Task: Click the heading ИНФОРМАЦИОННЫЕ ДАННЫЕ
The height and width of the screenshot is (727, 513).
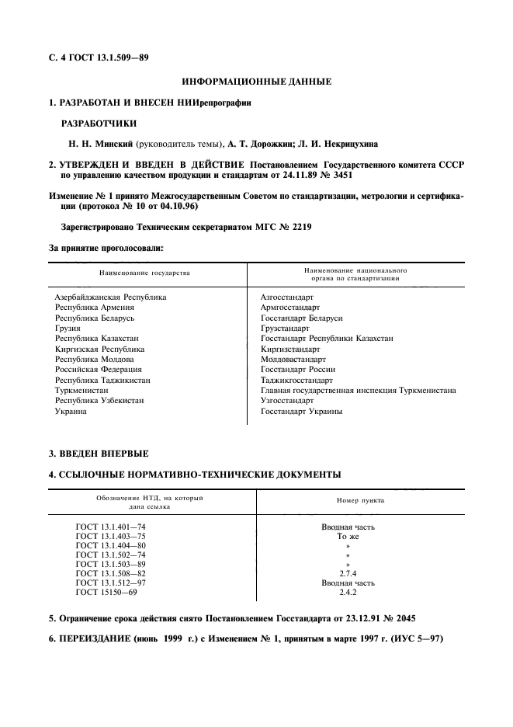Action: click(x=256, y=81)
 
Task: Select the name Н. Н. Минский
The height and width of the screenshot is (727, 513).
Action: click(x=101, y=144)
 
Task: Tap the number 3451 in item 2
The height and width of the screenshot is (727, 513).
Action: click(x=337, y=176)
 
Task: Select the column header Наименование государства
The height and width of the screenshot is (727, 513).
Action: click(x=144, y=273)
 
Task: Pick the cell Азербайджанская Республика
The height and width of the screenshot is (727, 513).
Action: click(x=110, y=297)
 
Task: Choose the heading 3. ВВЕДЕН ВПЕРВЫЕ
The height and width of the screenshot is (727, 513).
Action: click(x=99, y=453)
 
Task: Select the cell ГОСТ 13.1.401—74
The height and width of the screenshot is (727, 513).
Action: click(x=110, y=527)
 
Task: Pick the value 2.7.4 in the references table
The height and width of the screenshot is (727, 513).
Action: click(x=348, y=572)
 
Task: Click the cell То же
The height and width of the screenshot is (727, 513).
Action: click(x=348, y=536)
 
